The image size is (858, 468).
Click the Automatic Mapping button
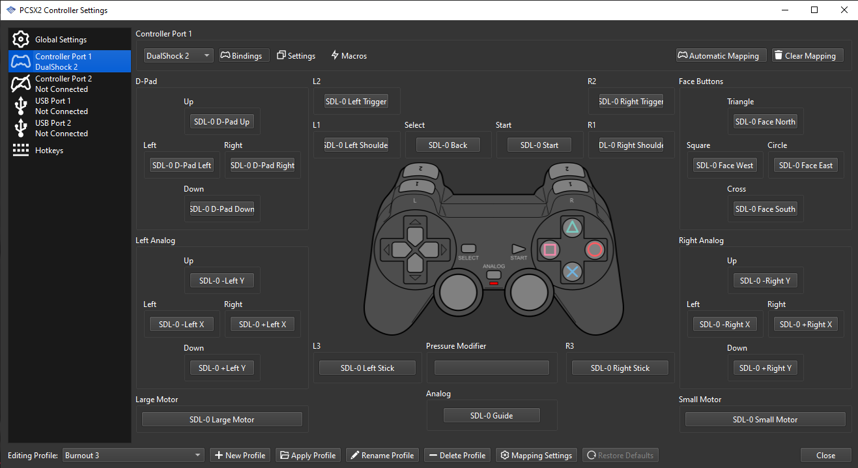[718, 56]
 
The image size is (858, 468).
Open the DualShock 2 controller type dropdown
[179, 56]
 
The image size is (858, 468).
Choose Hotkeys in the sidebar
[49, 151]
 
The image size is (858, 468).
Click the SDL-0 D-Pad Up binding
[222, 122]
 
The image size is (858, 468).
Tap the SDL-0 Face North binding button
[765, 122]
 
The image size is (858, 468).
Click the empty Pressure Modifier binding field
[491, 368]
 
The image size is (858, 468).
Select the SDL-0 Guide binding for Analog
[491, 416]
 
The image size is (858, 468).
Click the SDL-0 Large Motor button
[222, 420]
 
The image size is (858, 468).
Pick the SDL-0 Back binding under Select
[448, 145]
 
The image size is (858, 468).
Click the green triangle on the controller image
[572, 227]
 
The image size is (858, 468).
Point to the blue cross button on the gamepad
[572, 271]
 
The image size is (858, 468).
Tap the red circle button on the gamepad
[594, 249]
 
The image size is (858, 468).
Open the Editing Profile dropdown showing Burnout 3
[133, 456]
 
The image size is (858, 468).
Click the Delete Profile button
[457, 456]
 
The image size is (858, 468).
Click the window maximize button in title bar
[814, 10]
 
